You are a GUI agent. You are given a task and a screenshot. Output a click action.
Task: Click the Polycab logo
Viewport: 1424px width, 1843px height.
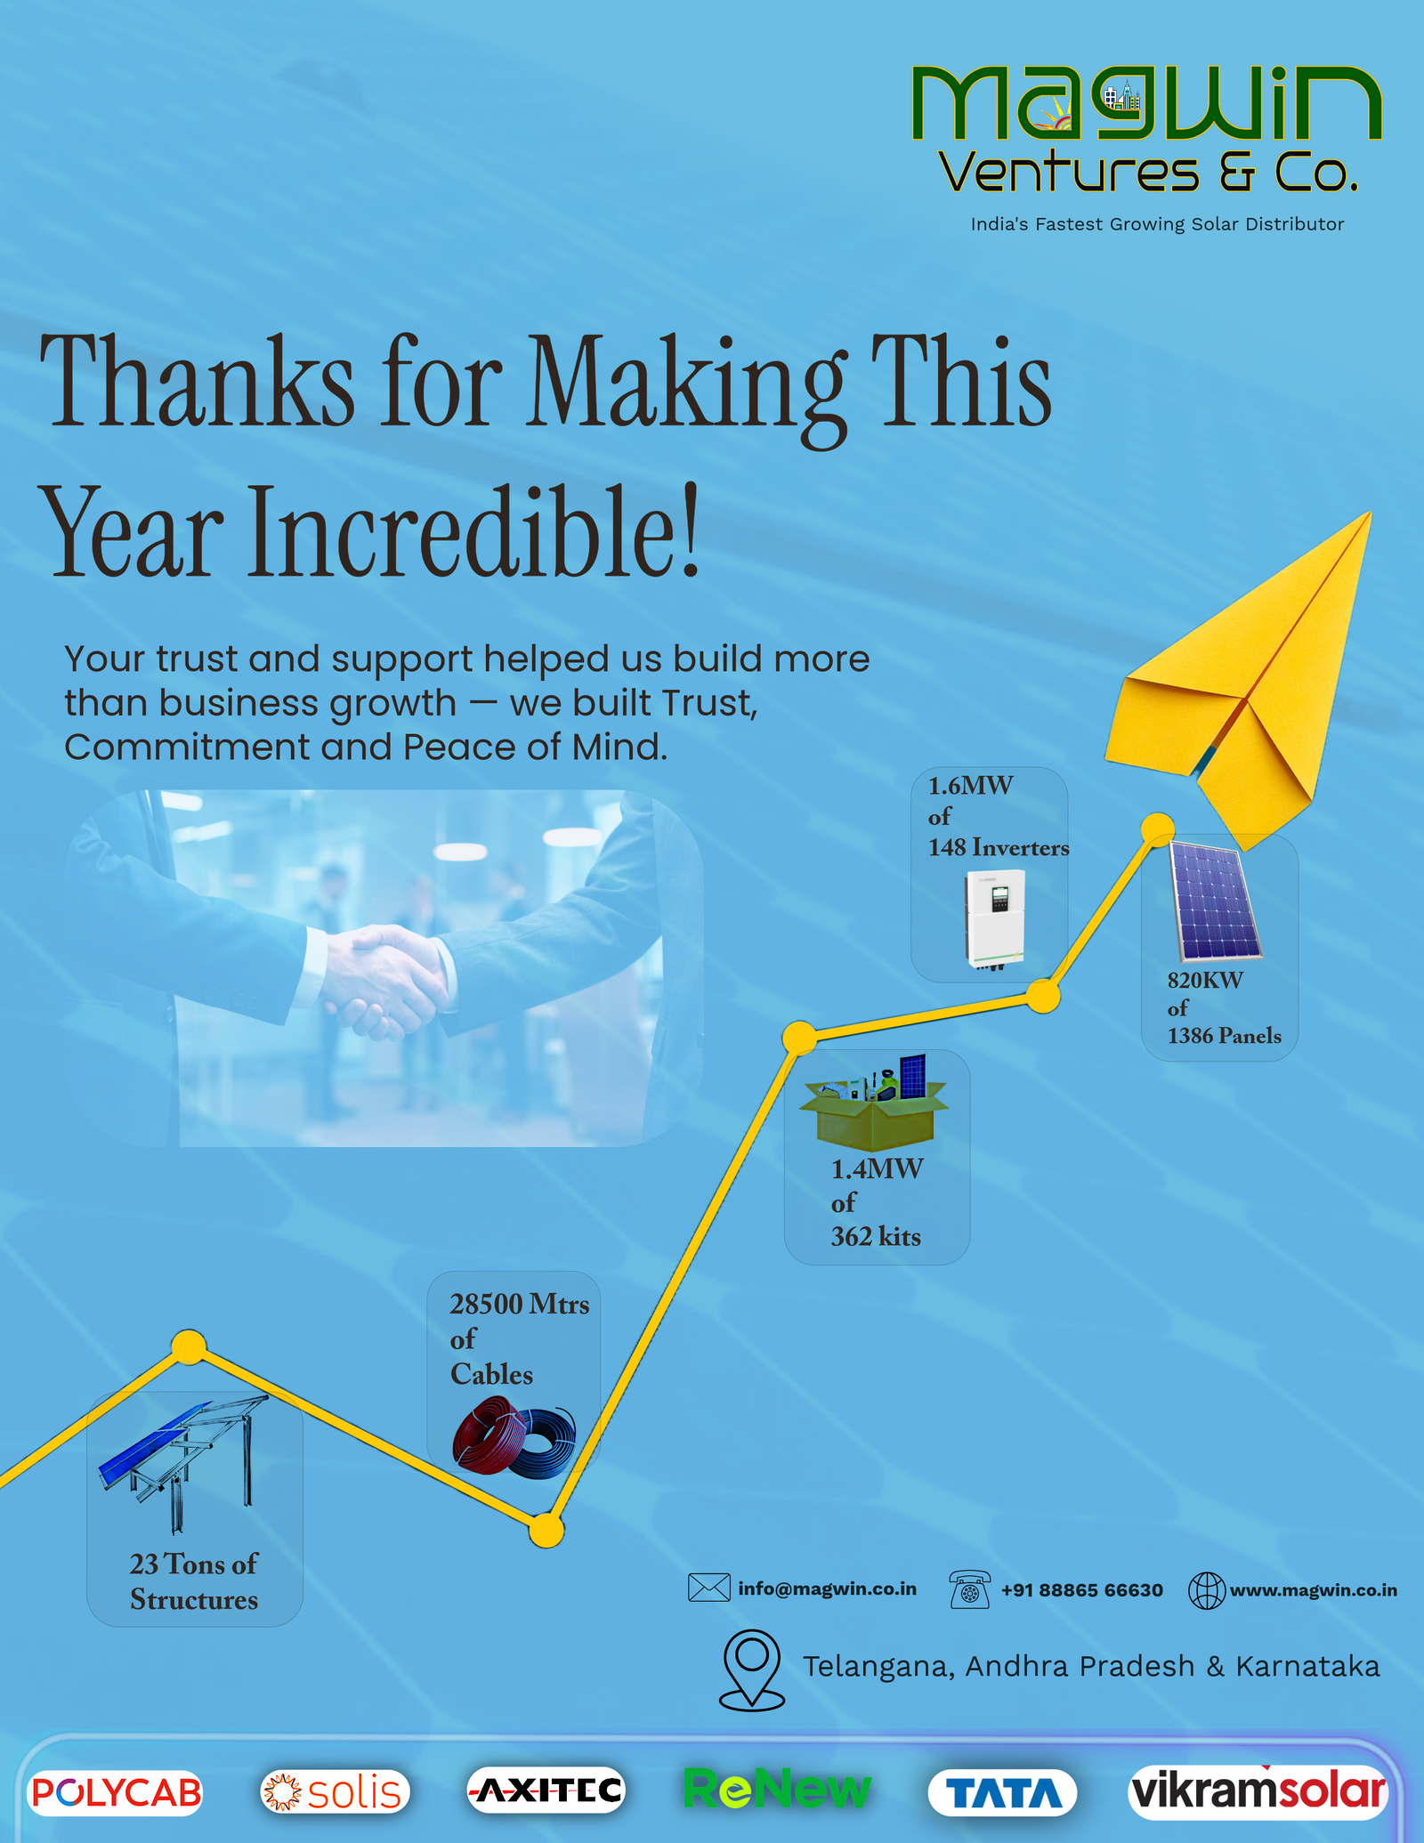[x=117, y=1791]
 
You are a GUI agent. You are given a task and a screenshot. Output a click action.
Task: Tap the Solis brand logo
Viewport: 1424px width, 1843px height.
[x=336, y=1791]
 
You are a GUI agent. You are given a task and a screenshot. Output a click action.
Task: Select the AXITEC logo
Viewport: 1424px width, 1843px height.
[x=546, y=1790]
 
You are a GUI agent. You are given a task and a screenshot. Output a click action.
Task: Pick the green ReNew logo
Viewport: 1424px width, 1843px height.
[x=777, y=1789]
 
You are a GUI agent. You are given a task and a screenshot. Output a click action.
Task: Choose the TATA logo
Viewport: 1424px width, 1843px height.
[x=1002, y=1792]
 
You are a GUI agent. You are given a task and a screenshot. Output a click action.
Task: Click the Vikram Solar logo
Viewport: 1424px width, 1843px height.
[x=1258, y=1790]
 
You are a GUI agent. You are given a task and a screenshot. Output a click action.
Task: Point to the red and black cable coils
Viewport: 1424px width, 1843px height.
[x=514, y=1436]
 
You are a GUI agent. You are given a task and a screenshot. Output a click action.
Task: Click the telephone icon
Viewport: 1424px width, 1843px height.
[x=969, y=1589]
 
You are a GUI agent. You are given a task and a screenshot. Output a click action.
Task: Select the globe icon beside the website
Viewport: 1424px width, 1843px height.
[x=1206, y=1590]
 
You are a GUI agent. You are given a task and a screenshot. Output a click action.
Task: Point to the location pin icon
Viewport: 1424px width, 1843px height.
[x=752, y=1669]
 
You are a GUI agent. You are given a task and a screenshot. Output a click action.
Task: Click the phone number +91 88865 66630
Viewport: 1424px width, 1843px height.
[x=1081, y=1590]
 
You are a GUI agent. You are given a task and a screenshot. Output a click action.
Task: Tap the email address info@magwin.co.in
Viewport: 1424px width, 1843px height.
[x=827, y=1589]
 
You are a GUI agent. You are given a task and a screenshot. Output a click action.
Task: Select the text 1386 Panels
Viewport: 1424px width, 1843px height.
[x=1224, y=1036]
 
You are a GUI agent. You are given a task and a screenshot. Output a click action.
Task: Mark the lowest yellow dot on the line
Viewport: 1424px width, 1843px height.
[x=546, y=1531]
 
